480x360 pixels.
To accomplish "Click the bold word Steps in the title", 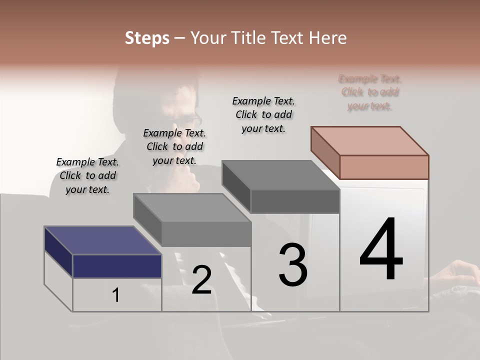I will pyautogui.click(x=147, y=38).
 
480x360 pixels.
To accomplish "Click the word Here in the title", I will pyautogui.click(x=327, y=38).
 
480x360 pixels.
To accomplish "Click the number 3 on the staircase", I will pyautogui.click(x=293, y=265).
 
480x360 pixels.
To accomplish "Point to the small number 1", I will pyautogui.click(x=116, y=295).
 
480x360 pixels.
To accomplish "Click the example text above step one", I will pyautogui.click(x=87, y=176).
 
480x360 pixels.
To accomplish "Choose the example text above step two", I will pyautogui.click(x=174, y=147).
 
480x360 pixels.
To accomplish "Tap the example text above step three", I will pyautogui.click(x=263, y=115).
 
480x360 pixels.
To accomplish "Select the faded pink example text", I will pyautogui.click(x=370, y=92).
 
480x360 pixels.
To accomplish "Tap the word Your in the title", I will pyautogui.click(x=206, y=38).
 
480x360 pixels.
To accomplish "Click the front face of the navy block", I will pyautogui.click(x=117, y=266).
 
